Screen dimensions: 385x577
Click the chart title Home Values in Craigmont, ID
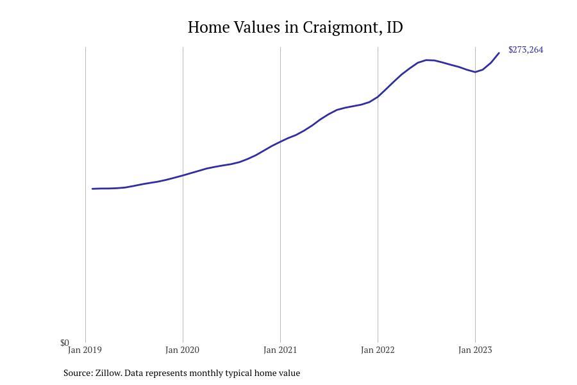click(295, 28)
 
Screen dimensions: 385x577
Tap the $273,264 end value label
click(525, 50)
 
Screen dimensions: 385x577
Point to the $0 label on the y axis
click(64, 343)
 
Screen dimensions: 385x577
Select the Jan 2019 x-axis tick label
click(85, 350)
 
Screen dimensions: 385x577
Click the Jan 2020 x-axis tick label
click(182, 350)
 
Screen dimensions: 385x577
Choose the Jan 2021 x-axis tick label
click(280, 350)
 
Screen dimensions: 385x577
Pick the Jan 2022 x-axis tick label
click(378, 350)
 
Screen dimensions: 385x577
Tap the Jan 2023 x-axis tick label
click(475, 350)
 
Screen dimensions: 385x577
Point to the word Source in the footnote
click(78, 373)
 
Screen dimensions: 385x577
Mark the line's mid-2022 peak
click(427, 60)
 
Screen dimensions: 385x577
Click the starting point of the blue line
click(93, 189)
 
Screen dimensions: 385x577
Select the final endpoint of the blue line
click(499, 53)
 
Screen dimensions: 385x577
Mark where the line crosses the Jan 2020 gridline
click(183, 175)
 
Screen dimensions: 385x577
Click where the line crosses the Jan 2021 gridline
click(280, 141)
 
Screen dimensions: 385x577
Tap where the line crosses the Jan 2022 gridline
click(378, 97)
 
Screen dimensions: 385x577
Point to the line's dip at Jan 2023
click(475, 72)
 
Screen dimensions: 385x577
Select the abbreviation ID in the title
click(395, 28)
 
